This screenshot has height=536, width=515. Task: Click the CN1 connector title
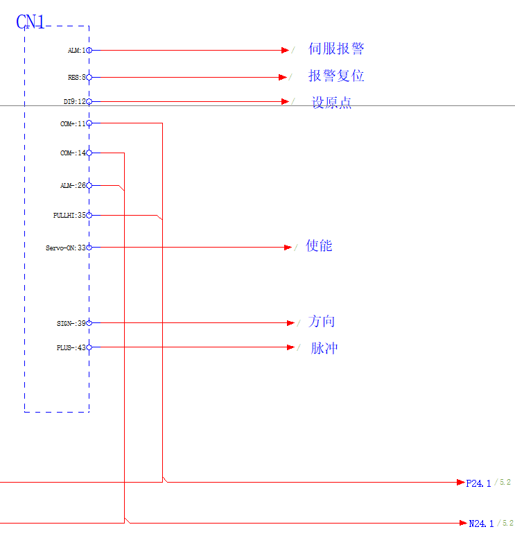(30, 22)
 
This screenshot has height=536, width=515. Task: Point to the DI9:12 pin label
(74, 102)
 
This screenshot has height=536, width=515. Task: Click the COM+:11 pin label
(73, 123)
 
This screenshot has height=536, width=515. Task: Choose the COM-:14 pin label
(73, 153)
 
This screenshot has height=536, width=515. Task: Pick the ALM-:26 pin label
(73, 186)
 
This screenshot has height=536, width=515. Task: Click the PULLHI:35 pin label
(69, 216)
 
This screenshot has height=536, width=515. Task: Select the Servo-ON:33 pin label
(66, 248)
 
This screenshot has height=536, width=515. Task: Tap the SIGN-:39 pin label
(71, 323)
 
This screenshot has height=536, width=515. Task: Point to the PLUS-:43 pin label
(71, 348)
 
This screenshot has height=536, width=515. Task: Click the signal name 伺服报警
(336, 49)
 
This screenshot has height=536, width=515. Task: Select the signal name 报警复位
(336, 76)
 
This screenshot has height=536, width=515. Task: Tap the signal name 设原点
(331, 103)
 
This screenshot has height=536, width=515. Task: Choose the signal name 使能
(319, 245)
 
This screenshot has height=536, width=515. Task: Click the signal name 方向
(322, 321)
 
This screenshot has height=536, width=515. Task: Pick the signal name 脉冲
(324, 347)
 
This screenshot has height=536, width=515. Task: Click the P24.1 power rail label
(478, 483)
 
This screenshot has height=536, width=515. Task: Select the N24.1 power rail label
(481, 524)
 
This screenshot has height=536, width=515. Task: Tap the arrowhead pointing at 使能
(288, 248)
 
